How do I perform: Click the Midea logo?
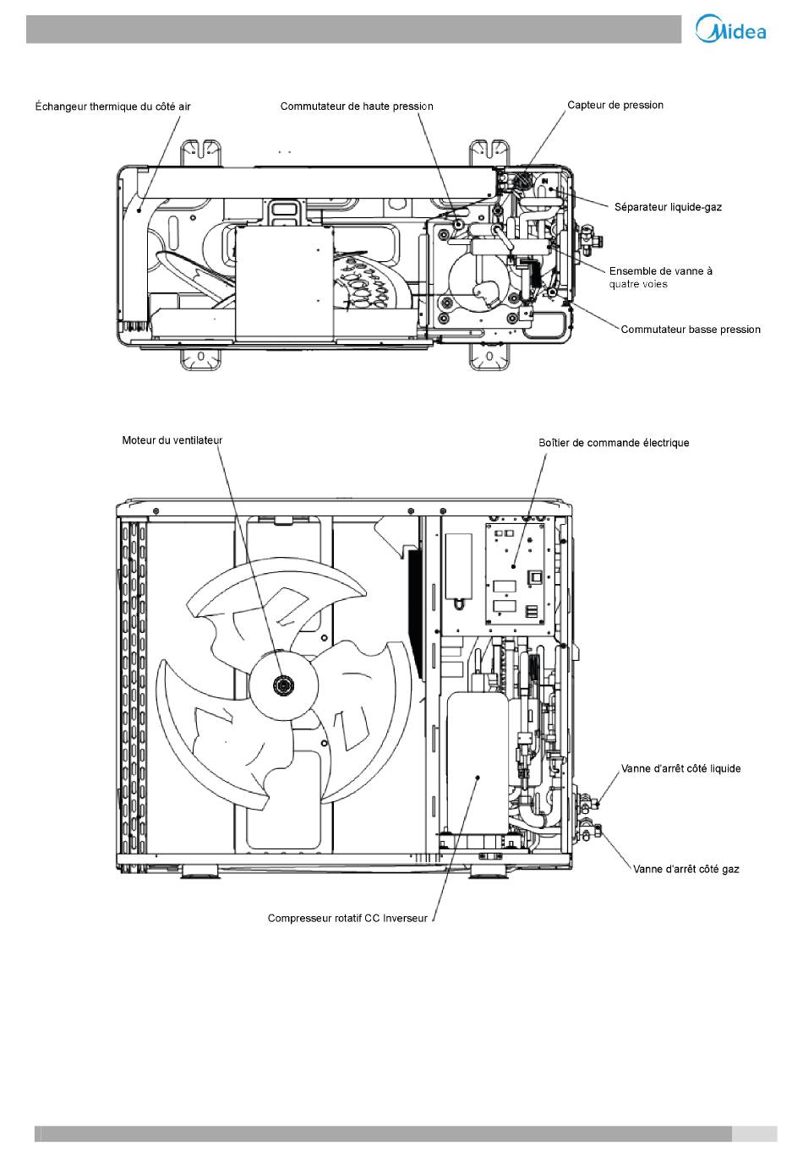click(730, 29)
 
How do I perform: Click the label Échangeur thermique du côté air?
click(112, 107)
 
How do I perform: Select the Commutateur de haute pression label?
click(357, 106)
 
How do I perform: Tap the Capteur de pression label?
click(615, 106)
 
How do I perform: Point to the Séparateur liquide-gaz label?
click(668, 207)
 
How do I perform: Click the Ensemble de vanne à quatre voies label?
click(660, 277)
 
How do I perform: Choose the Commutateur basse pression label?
click(691, 330)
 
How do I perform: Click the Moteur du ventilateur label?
click(172, 440)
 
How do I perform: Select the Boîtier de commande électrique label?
click(614, 443)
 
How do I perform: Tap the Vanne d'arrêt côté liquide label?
click(680, 768)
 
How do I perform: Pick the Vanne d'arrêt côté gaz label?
click(686, 870)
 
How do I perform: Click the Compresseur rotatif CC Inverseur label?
click(347, 919)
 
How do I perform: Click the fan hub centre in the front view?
click(282, 684)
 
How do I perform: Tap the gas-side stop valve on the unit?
click(589, 832)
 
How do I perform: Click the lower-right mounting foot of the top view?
click(489, 357)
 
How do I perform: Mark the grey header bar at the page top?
click(353, 29)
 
